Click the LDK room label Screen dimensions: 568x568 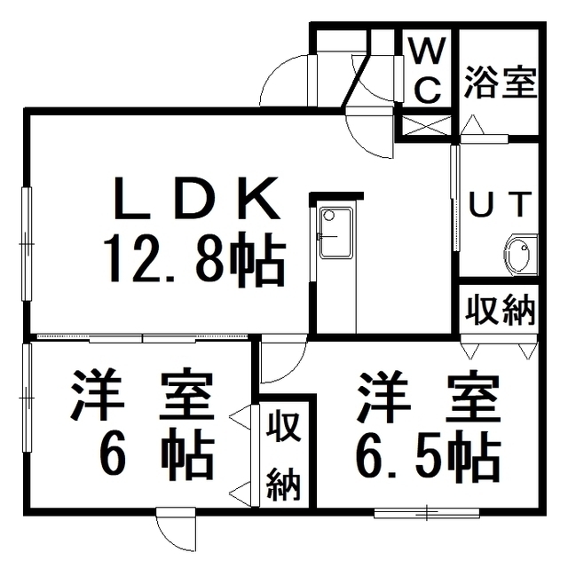tap(197, 197)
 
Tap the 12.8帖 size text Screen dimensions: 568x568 tap(194, 258)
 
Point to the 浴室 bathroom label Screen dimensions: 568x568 tap(500, 82)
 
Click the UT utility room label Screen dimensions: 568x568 tap(501, 204)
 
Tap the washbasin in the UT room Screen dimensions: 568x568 tap(521, 254)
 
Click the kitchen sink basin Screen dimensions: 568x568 tap(335, 233)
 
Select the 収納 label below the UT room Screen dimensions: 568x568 tap(500, 310)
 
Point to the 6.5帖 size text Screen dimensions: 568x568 tap(429, 454)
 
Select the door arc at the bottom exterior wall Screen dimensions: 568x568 tap(176, 533)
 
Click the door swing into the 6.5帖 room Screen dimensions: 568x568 tap(284, 359)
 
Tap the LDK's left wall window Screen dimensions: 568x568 tap(27, 243)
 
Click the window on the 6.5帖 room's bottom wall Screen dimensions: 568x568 tap(426, 513)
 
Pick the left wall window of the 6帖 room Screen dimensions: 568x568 tap(27, 398)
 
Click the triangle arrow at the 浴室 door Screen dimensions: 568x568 tap(472, 125)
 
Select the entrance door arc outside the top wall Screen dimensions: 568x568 tap(284, 81)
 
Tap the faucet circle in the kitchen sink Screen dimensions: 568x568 tap(328, 216)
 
